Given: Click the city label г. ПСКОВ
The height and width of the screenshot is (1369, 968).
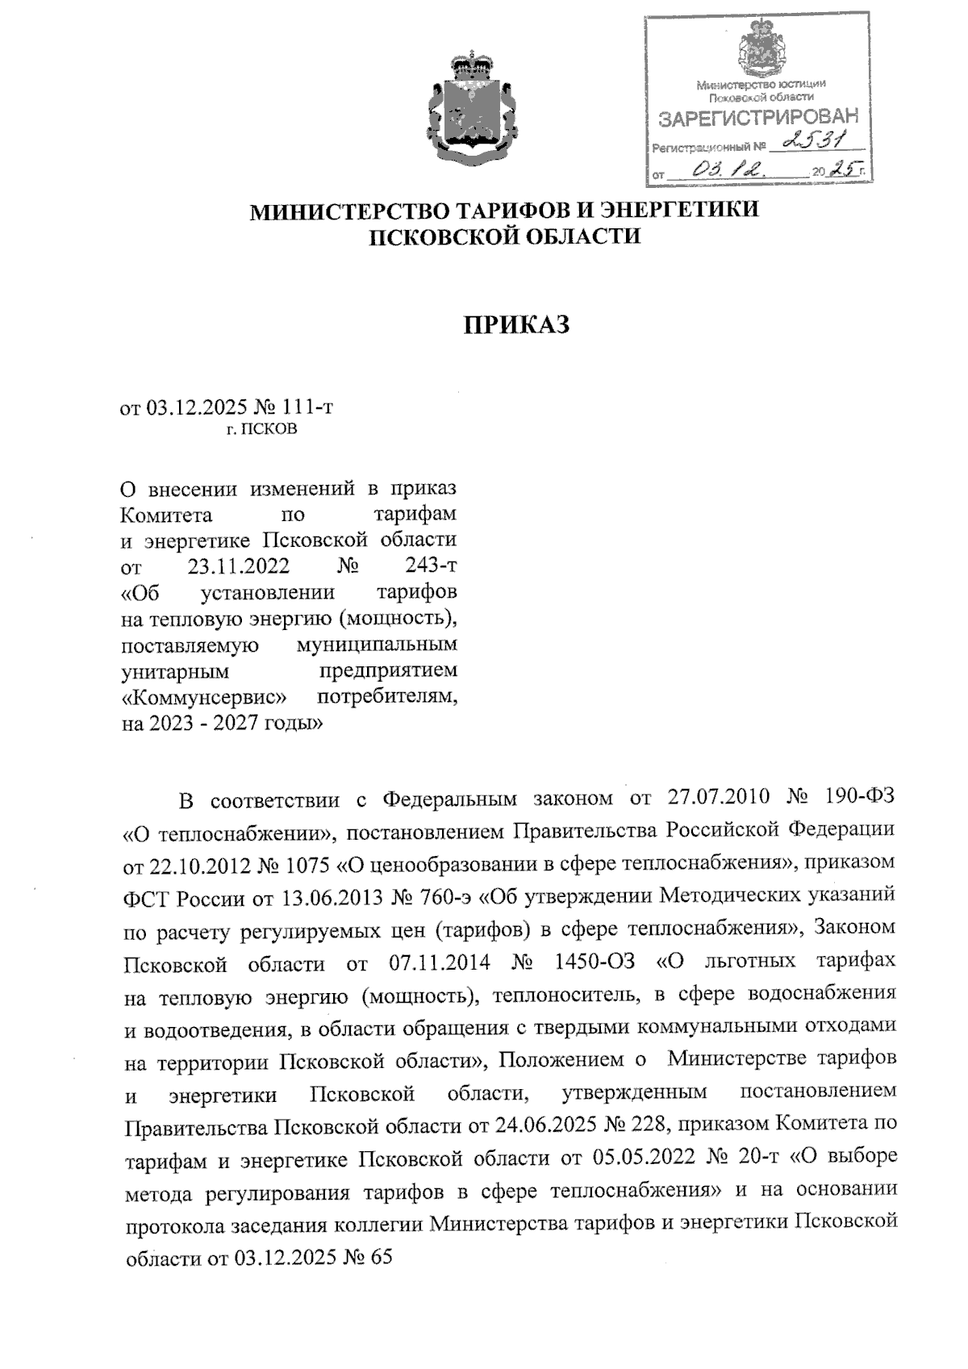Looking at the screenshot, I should [261, 429].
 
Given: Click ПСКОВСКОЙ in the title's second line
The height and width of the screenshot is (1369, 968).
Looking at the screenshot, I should [440, 237].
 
